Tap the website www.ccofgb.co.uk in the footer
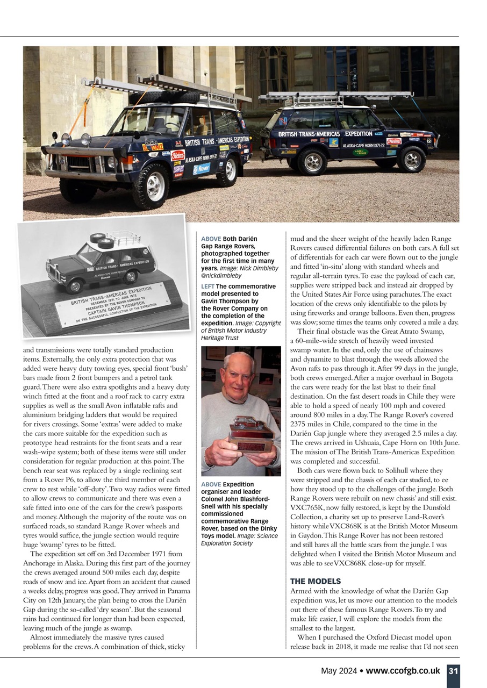(x=403, y=671)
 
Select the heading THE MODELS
(x=315, y=581)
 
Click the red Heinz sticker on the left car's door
(x=177, y=155)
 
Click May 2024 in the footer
(x=339, y=671)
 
